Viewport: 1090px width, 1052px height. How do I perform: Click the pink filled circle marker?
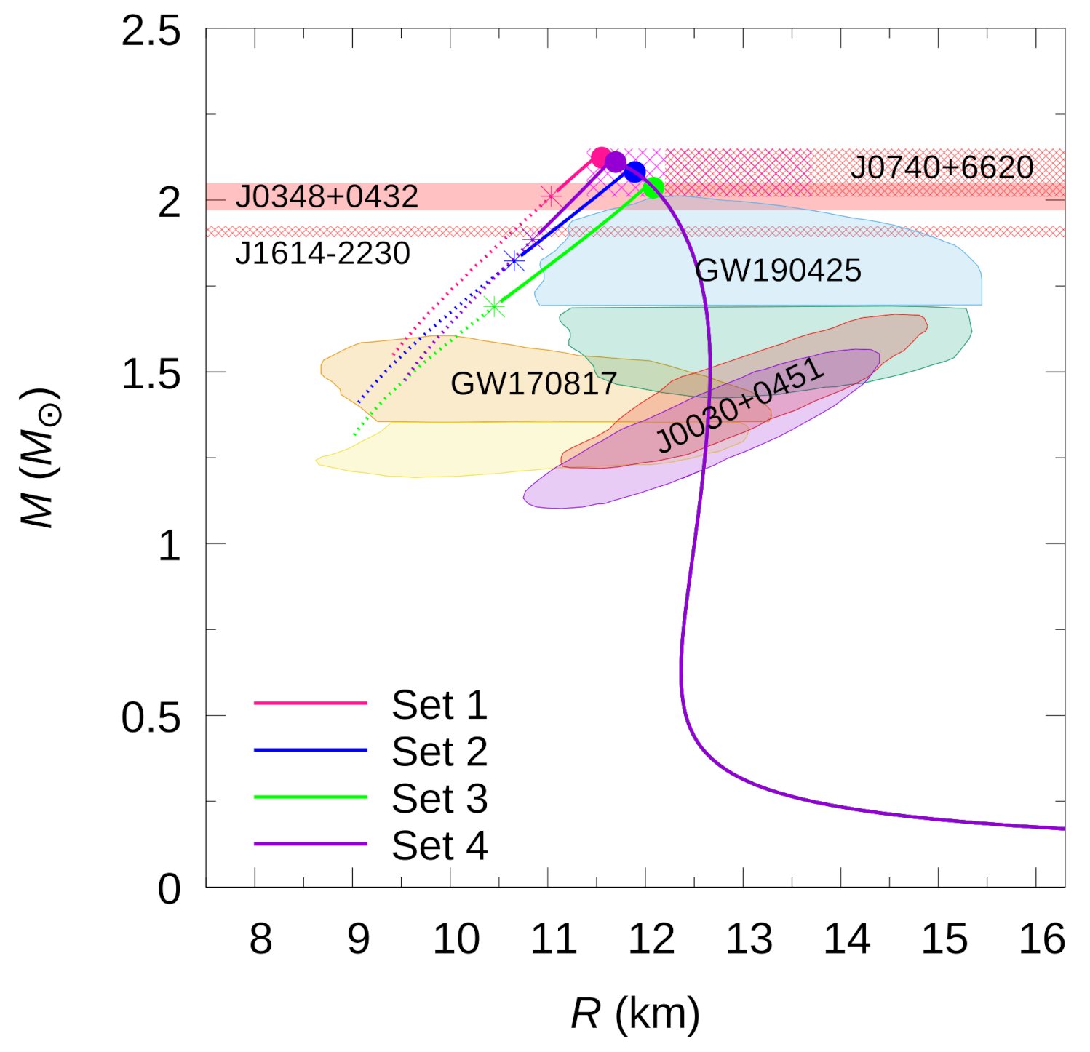pos(600,156)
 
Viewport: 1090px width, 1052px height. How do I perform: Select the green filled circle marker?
pos(653,188)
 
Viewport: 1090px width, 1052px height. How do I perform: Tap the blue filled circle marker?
pos(635,172)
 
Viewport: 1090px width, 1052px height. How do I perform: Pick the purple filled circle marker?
pos(616,162)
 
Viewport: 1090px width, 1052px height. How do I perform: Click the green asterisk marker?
pos(495,307)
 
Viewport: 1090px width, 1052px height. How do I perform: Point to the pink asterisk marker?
pos(551,196)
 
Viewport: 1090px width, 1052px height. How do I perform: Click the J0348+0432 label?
pos(327,196)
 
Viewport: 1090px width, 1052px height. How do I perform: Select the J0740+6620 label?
pos(942,167)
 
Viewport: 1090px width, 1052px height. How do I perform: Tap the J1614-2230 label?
pos(323,253)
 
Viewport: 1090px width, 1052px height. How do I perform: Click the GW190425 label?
pos(778,271)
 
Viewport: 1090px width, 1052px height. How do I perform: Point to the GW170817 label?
pos(533,383)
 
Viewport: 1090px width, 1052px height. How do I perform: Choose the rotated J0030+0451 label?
pos(741,406)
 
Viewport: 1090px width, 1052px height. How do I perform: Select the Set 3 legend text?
pos(439,798)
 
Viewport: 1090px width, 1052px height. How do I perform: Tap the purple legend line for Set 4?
pos(311,844)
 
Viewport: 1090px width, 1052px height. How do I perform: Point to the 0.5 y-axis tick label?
pos(151,717)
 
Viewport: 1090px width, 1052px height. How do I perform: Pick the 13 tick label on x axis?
pos(749,939)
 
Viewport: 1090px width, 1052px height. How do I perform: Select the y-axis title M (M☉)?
pos(39,458)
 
